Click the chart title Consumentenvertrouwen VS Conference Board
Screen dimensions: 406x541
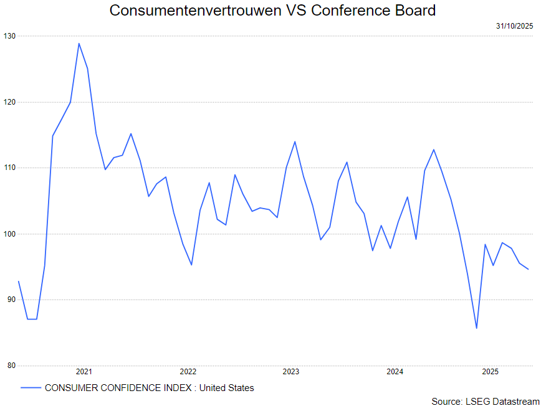[272, 11]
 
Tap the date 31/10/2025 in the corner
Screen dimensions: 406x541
[515, 26]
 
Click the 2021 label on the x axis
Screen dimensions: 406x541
[84, 372]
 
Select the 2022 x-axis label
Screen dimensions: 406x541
[188, 372]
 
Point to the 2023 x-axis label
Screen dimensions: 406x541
[291, 372]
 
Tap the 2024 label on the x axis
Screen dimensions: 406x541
[395, 372]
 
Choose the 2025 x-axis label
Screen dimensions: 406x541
[490, 372]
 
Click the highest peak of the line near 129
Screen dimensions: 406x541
[79, 43]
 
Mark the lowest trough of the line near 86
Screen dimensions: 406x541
[476, 328]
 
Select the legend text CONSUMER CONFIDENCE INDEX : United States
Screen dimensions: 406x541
[150, 388]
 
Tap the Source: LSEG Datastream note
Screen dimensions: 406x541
[485, 401]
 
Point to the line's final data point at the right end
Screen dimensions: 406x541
[528, 269]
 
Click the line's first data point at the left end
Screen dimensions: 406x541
[19, 281]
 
